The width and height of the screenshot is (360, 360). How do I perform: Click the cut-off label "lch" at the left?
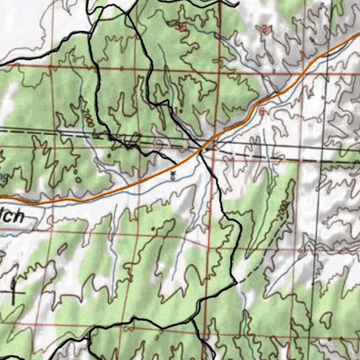coord(13,217)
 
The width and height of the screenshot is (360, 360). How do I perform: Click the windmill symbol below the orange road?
coord(172,175)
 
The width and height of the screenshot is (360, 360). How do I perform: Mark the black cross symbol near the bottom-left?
coord(14,292)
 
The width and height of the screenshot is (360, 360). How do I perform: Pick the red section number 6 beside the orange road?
coord(262,112)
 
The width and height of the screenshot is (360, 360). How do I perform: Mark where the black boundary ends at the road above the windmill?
coord(176,163)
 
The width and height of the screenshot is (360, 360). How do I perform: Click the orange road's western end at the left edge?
coord(1,198)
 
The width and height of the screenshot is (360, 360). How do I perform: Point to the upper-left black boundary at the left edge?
coord(1,64)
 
